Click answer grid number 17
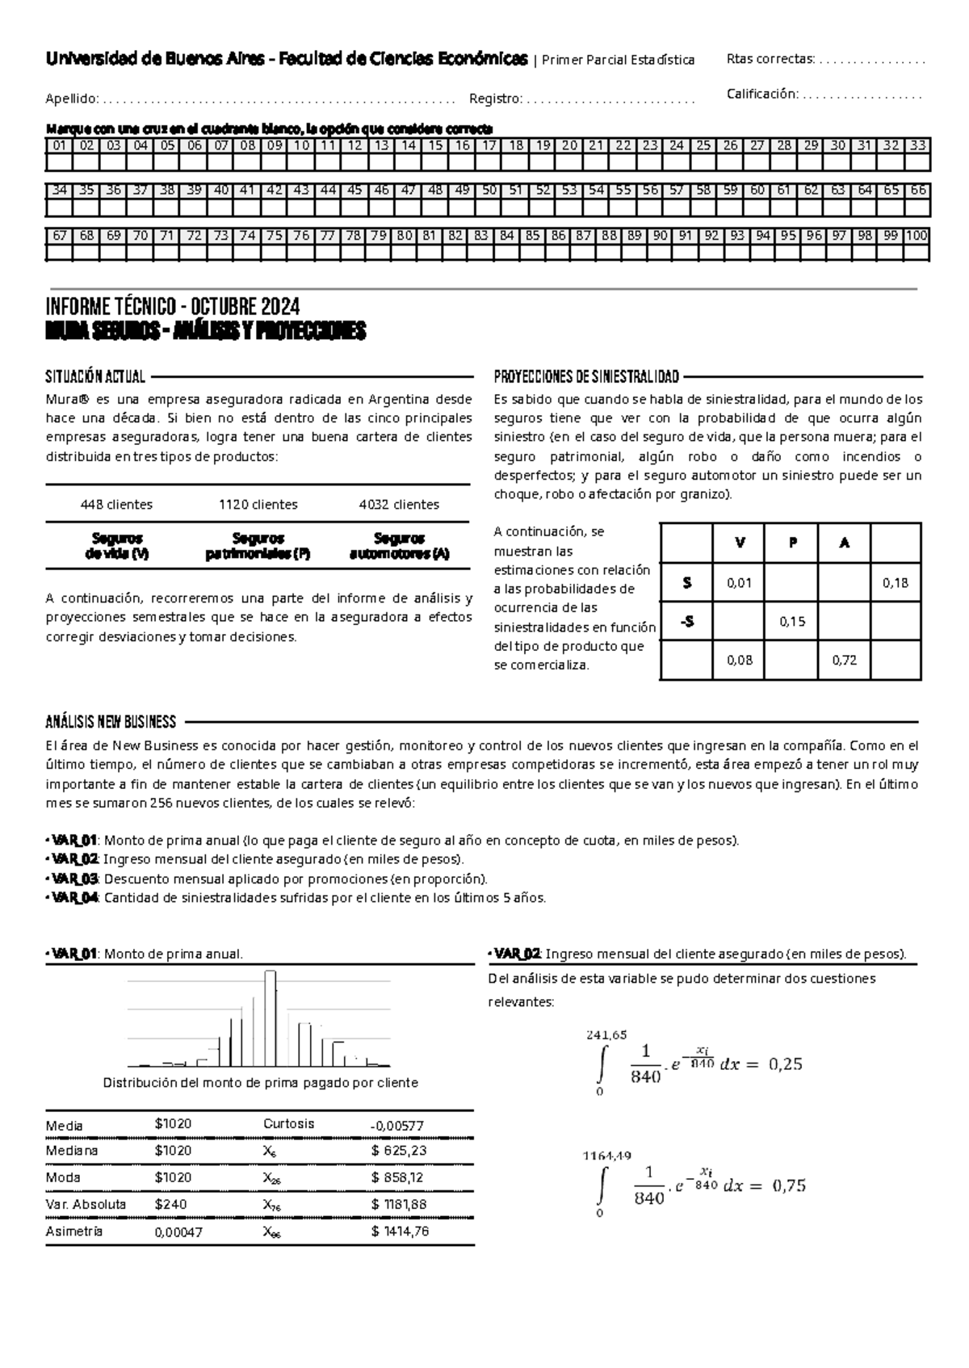coord(489,146)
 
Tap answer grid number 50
coord(489,191)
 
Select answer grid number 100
coord(917,236)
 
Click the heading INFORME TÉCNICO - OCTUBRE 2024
coord(173,308)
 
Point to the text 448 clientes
coord(116,505)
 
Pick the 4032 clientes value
coord(399,505)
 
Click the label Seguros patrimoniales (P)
coord(258,546)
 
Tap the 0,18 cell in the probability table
coord(896,583)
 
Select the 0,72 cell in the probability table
coord(844,660)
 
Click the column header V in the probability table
coord(740,543)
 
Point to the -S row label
coord(686,622)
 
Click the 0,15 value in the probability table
coord(792,622)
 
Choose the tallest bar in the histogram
coord(271,1018)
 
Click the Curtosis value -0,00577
coord(396,1126)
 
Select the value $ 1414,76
coord(400,1232)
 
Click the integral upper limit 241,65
coord(606,1034)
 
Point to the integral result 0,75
coord(789,1185)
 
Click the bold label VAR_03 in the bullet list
coord(74,879)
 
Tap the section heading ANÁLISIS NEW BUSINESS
coord(111,722)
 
